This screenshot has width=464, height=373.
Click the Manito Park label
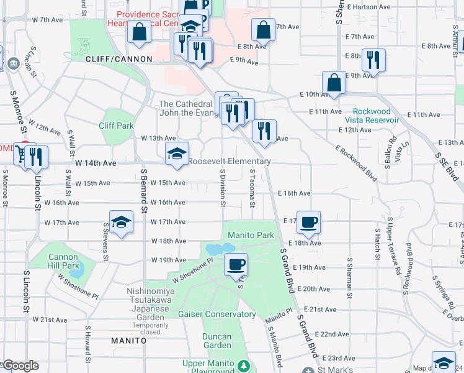pos(251,236)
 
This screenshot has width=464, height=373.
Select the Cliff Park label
pos(116,126)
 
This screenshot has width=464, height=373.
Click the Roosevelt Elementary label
pos(230,162)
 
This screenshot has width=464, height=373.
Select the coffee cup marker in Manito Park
pos(235,265)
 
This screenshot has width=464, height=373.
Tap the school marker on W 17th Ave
pos(121,221)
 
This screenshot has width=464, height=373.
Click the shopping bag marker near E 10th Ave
pos(334,83)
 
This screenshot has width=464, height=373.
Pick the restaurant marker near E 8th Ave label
pos(373,60)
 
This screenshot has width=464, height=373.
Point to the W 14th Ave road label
pos(96,163)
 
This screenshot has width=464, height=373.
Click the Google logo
pos(20,366)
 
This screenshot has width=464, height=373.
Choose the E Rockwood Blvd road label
pos(357,163)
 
